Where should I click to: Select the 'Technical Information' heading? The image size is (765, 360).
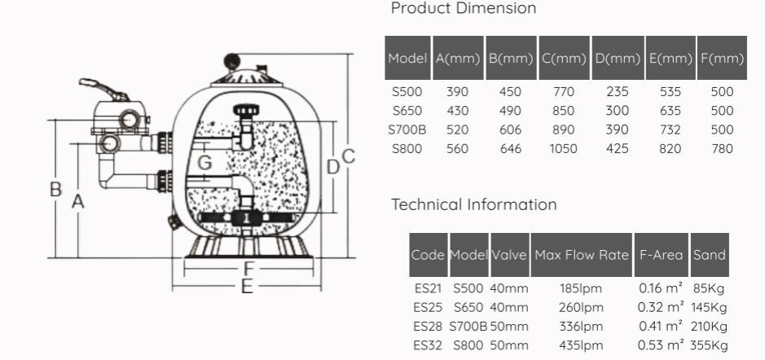click(x=474, y=204)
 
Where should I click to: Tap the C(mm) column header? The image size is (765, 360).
click(x=564, y=58)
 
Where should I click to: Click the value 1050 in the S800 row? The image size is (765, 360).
click(x=564, y=148)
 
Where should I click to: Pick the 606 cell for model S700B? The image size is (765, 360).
click(x=510, y=130)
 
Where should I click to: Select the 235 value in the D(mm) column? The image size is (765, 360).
click(x=618, y=92)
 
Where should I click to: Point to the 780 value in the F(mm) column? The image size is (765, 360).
click(x=722, y=148)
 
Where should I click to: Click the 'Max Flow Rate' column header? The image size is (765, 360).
click(x=582, y=255)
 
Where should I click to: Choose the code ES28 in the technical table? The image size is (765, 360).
click(x=429, y=327)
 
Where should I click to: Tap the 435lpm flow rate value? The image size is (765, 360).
click(x=582, y=345)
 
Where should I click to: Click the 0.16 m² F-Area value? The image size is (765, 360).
click(x=661, y=288)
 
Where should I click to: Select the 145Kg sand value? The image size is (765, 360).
click(x=708, y=308)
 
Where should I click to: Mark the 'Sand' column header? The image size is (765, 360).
click(x=709, y=255)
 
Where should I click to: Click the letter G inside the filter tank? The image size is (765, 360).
click(x=205, y=162)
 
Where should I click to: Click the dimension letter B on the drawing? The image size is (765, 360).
click(x=55, y=189)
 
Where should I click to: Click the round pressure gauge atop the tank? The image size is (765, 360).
click(x=232, y=62)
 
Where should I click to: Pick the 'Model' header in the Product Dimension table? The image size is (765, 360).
click(x=408, y=58)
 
